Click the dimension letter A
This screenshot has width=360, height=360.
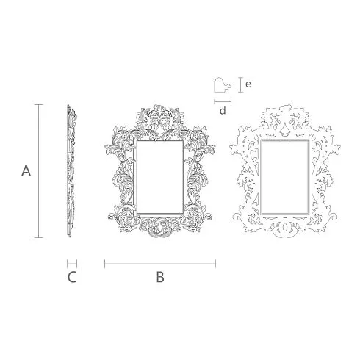click(26, 171)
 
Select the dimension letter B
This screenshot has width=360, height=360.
click(160, 278)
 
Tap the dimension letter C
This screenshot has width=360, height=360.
click(72, 278)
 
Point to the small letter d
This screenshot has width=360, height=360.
click(223, 111)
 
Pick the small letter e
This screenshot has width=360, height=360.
click(248, 84)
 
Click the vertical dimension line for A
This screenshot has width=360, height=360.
click(39, 171)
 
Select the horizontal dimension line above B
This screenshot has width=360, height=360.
click(160, 264)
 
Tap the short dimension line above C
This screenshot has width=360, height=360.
click(72, 264)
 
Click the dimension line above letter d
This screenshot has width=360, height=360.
click(223, 101)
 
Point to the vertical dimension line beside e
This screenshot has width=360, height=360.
click(241, 84)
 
